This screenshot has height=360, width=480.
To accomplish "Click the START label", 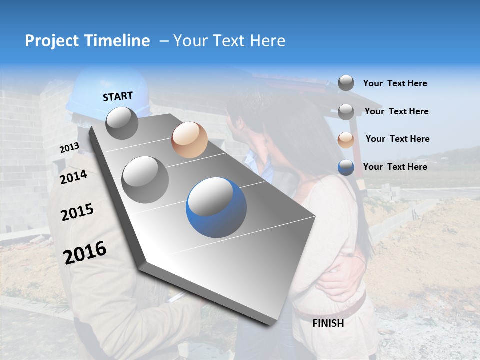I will click(118, 96).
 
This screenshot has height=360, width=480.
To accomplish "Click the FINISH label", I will click(328, 323).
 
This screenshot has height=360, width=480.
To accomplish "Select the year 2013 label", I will click(69, 148).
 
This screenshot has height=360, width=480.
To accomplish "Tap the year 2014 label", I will click(73, 177).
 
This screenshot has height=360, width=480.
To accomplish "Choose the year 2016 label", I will click(85, 252).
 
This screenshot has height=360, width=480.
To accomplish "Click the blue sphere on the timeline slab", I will click(216, 207).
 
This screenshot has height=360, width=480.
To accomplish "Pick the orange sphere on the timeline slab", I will click(189, 140).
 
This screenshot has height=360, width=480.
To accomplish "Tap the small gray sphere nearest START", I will click(122, 123).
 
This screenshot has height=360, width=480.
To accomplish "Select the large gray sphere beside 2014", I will click(145, 179).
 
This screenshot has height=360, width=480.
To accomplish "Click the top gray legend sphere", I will click(346, 83).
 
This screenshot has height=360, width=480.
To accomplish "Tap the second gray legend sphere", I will click(346, 111).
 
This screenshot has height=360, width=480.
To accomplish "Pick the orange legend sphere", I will click(346, 139).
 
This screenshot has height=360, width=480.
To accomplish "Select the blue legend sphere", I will click(346, 167).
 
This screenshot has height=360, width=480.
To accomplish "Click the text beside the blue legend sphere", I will click(395, 167).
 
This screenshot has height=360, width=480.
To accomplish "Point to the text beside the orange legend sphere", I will click(397, 139).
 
